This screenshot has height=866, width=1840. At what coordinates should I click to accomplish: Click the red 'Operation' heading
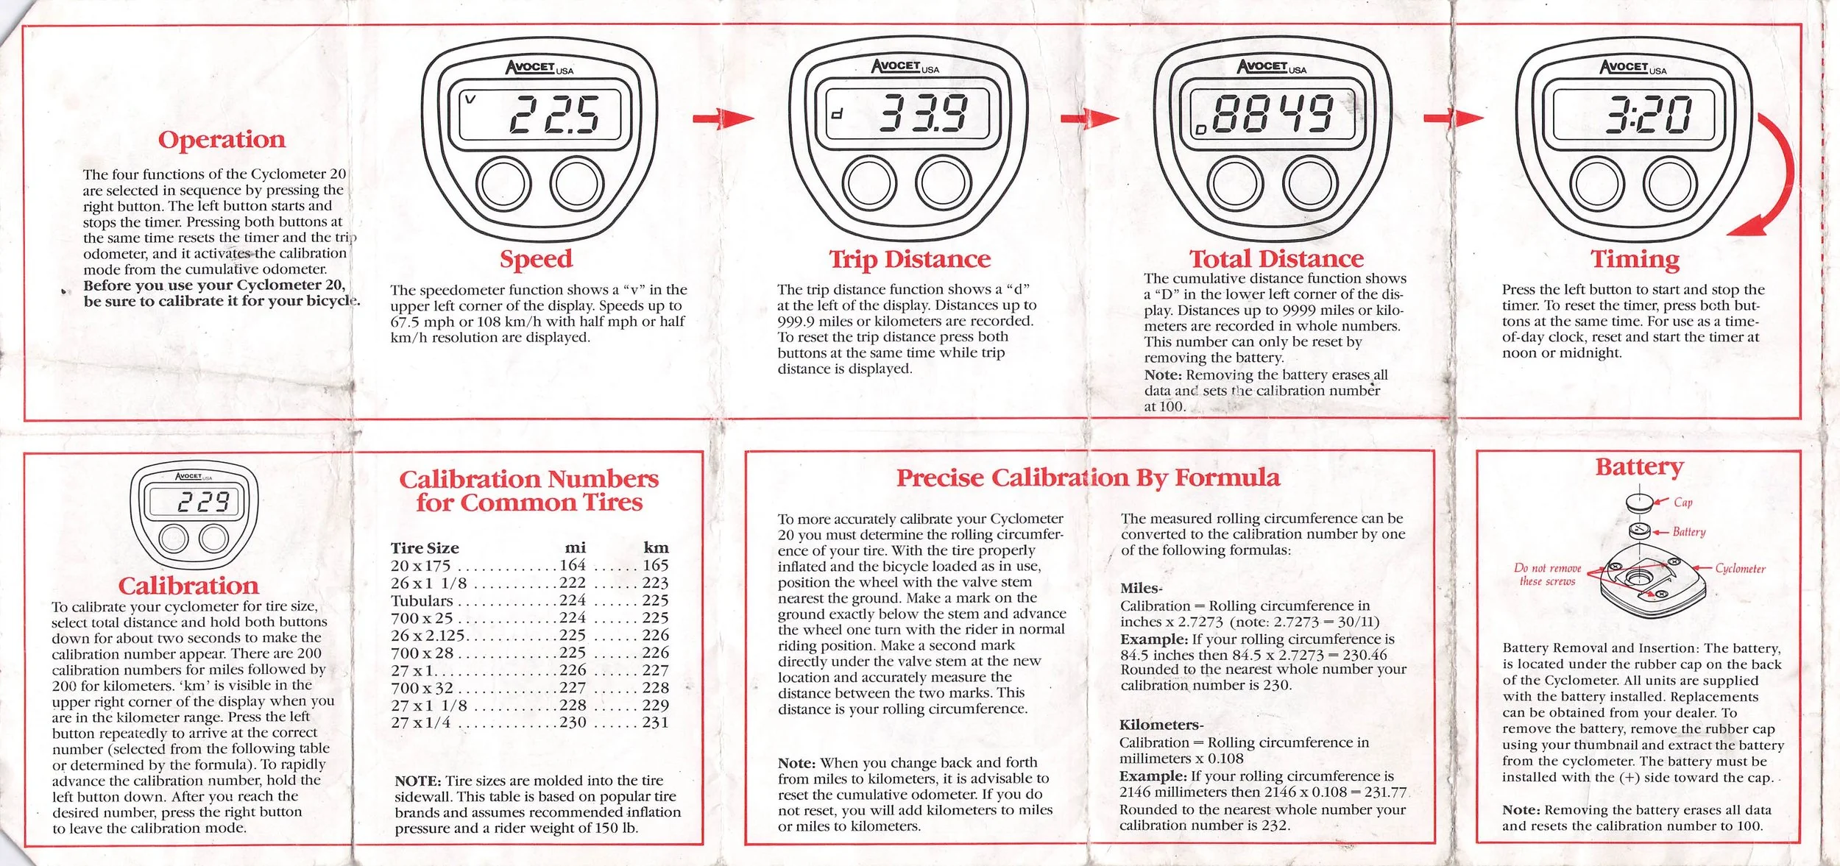click(222, 139)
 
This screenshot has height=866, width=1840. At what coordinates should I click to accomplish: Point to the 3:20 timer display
click(1647, 116)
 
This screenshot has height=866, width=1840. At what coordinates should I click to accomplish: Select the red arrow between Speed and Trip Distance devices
click(723, 118)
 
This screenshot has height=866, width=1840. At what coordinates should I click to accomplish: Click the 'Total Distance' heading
click(1276, 258)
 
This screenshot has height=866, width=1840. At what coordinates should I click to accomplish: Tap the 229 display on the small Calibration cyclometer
click(204, 503)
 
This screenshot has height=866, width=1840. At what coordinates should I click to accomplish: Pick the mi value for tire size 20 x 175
click(573, 565)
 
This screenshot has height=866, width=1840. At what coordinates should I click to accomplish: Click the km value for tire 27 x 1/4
click(655, 723)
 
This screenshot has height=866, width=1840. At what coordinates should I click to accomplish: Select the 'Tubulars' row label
click(422, 600)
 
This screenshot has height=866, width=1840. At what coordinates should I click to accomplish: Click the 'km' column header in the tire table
click(656, 547)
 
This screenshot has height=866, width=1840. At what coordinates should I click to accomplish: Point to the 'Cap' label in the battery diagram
click(1683, 503)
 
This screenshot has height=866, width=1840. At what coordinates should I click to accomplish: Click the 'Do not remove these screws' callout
click(1547, 575)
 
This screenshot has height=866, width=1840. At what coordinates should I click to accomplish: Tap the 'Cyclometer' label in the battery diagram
click(1740, 569)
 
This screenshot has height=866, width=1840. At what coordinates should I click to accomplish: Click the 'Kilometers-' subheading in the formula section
click(1161, 725)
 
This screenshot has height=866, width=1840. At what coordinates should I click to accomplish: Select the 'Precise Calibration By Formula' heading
click(1088, 478)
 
